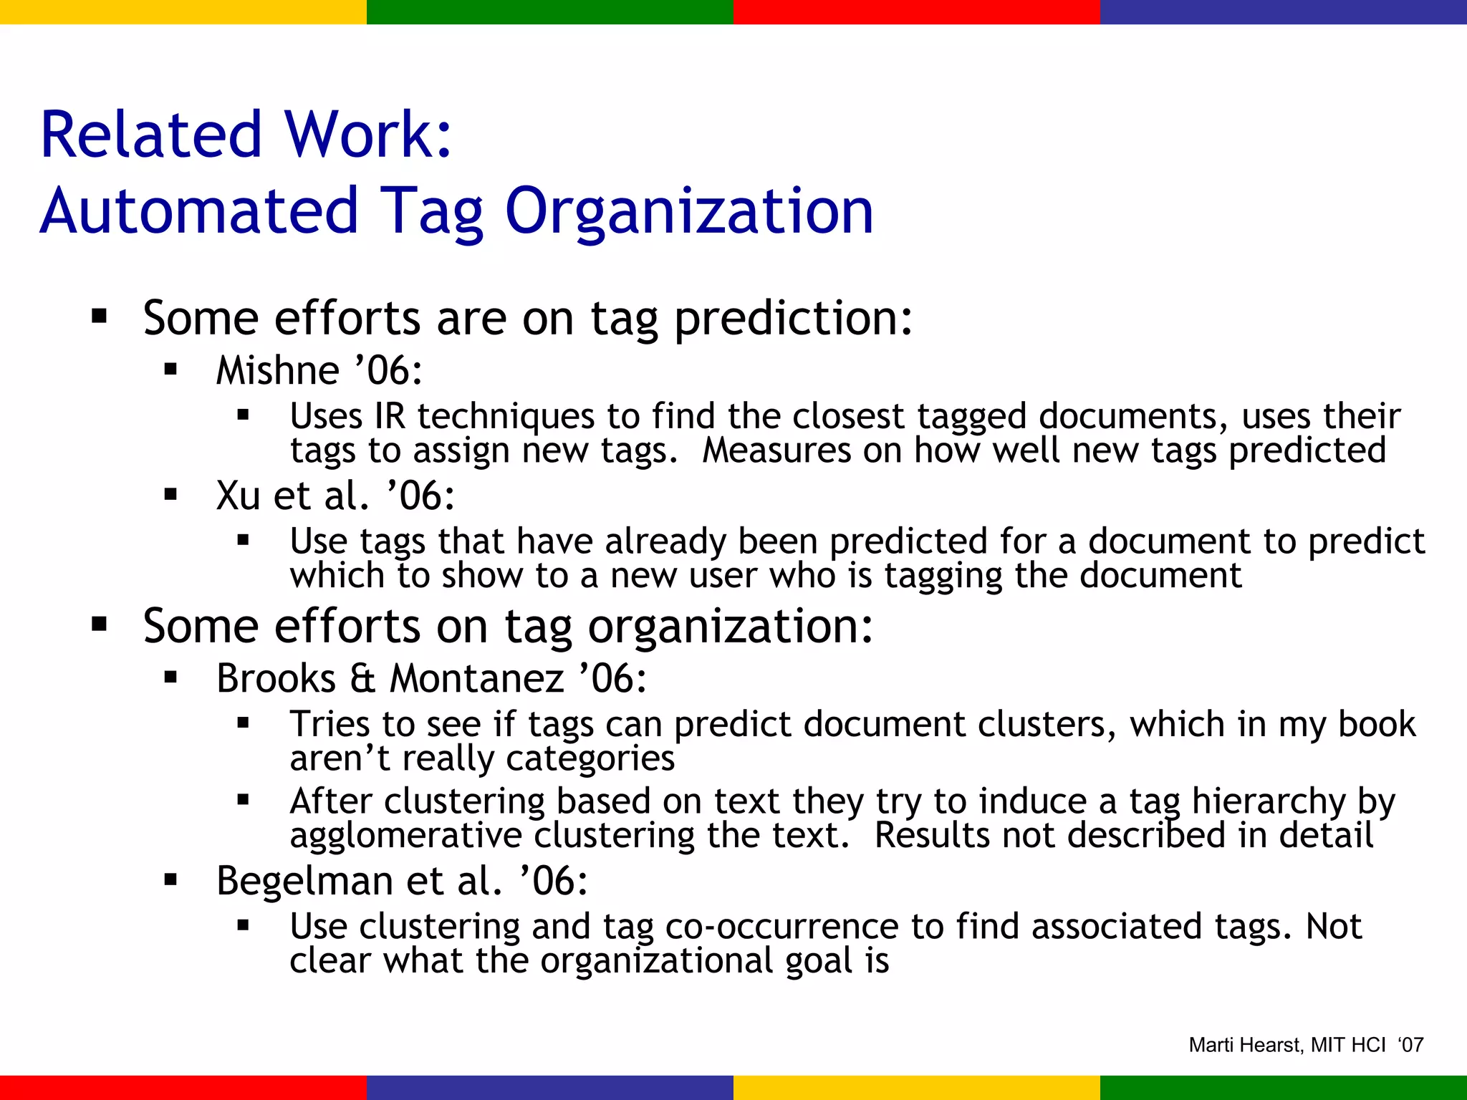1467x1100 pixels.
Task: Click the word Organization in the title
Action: click(x=689, y=211)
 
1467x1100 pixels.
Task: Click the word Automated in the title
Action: click(x=198, y=211)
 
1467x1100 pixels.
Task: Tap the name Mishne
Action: click(x=278, y=371)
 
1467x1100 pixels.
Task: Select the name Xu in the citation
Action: click(x=238, y=496)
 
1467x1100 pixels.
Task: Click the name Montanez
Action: click(x=476, y=678)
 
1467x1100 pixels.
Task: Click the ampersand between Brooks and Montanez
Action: click(x=362, y=678)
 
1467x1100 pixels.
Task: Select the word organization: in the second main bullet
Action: click(x=731, y=627)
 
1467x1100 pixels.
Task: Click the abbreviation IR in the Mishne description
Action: click(x=389, y=416)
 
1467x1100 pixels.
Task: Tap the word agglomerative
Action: click(x=406, y=836)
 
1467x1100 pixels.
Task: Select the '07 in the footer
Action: click(x=1410, y=1046)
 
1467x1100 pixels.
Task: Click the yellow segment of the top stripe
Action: click(x=183, y=11)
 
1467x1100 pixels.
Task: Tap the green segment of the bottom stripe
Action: click(x=1283, y=1087)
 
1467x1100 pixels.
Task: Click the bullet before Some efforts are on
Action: click(x=99, y=317)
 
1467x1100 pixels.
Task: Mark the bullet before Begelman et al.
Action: click(x=170, y=880)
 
